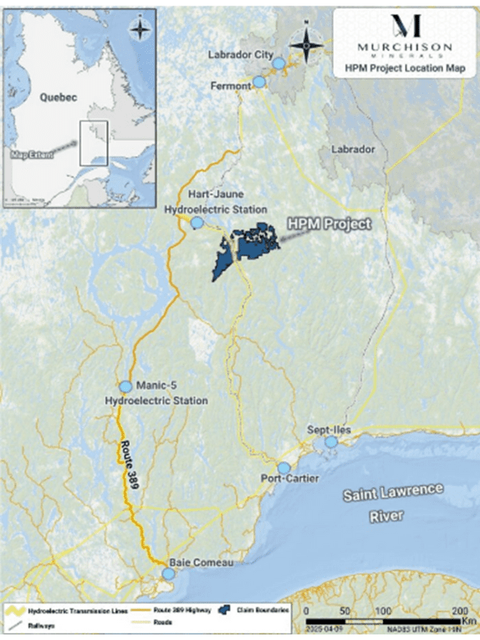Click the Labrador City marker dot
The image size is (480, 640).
pyautogui.click(x=278, y=63)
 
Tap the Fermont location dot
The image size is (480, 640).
pyautogui.click(x=258, y=82)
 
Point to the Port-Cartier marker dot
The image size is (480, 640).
pyautogui.click(x=283, y=467)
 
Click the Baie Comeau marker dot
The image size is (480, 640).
pyautogui.click(x=168, y=574)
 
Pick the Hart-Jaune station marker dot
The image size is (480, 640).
pyautogui.click(x=196, y=224)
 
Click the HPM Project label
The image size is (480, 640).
pyautogui.click(x=331, y=224)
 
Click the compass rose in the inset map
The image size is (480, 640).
pyautogui.click(x=141, y=29)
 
